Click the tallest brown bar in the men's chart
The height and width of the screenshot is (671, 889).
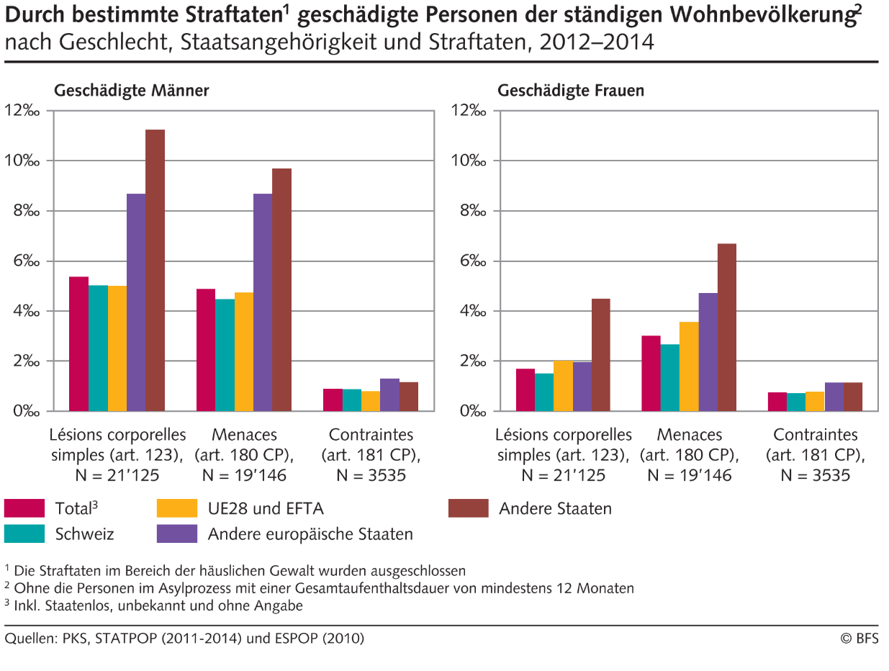155,270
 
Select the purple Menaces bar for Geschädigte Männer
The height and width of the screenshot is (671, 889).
263,302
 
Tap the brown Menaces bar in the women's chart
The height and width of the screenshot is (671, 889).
727,328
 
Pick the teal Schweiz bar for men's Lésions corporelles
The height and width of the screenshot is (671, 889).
98,348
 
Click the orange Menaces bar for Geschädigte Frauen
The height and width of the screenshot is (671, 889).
689,366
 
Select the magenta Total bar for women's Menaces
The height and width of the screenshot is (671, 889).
651,374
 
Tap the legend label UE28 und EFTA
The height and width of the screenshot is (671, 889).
266,508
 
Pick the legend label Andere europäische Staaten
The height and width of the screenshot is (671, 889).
310,533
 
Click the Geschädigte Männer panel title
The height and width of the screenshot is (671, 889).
131,91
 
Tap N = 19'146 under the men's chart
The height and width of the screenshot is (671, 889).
245,475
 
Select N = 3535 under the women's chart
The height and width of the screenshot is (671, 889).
816,475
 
